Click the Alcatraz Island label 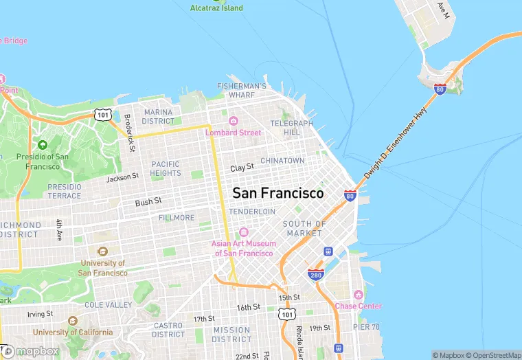[216, 8]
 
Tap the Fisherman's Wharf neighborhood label [241, 90]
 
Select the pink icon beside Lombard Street [232, 121]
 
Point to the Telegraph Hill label [291, 127]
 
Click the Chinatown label [282, 161]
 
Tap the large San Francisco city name [277, 194]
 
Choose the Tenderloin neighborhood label [252, 212]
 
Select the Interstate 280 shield [315, 275]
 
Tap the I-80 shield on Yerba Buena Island [440, 88]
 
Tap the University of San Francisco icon [103, 252]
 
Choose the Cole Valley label [108, 304]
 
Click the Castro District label [168, 330]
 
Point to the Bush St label [148, 201]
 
